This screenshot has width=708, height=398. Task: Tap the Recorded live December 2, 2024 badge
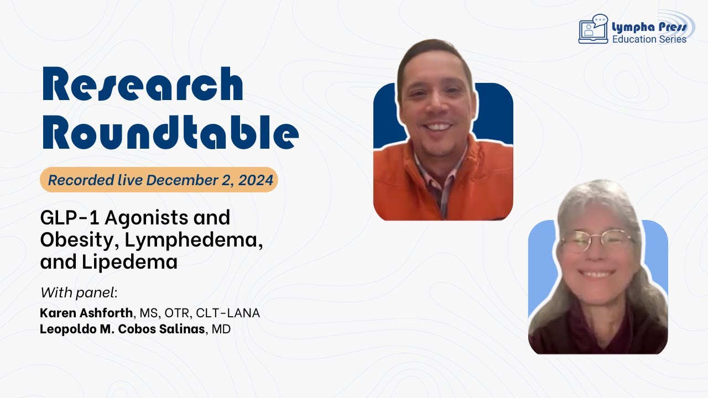click(x=159, y=180)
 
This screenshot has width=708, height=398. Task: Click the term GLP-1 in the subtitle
click(x=69, y=217)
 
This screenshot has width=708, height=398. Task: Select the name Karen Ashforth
click(x=86, y=313)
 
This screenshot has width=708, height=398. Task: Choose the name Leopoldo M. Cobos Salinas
click(x=122, y=329)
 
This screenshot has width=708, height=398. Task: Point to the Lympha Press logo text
click(x=649, y=26)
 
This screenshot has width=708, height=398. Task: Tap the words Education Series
click(x=649, y=39)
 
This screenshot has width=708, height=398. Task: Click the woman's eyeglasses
click(x=597, y=241)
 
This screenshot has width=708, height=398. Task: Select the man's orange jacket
click(x=442, y=182)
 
